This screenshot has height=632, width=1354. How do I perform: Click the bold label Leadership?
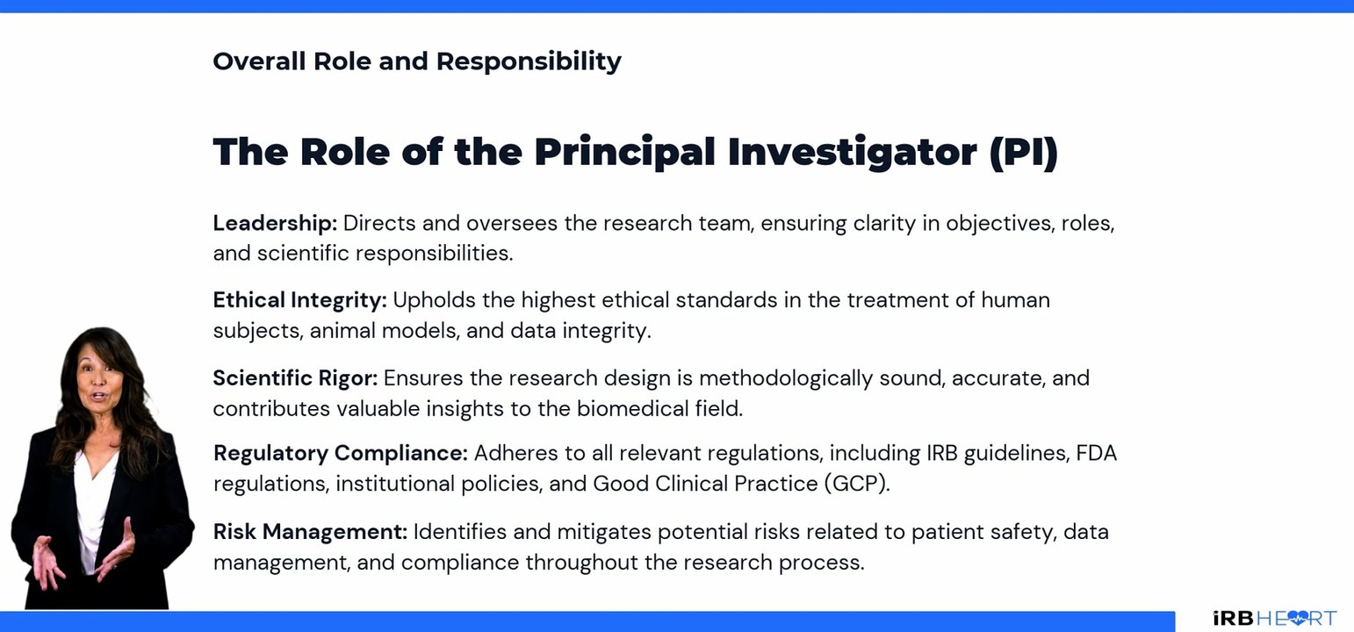click(274, 223)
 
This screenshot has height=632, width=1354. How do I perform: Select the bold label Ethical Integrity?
click(299, 300)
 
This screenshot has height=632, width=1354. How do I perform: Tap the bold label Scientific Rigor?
click(295, 378)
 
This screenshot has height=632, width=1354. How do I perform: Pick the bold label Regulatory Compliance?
click(340, 454)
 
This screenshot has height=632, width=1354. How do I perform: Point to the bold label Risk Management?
click(310, 532)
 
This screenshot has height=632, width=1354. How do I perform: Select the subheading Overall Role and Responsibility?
click(416, 61)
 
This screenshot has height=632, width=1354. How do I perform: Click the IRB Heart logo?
click(1274, 618)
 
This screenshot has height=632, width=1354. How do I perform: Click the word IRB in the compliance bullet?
click(946, 454)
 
